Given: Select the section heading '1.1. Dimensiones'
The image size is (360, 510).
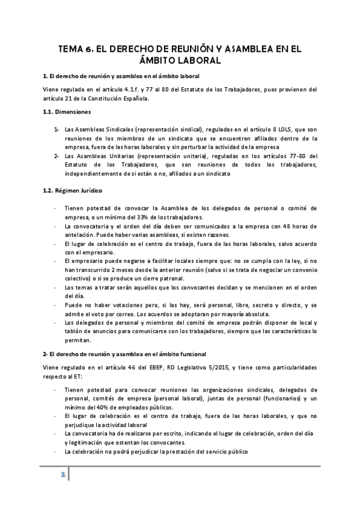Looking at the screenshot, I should coord(67,112).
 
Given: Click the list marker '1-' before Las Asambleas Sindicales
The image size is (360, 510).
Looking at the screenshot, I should coord(56,129).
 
